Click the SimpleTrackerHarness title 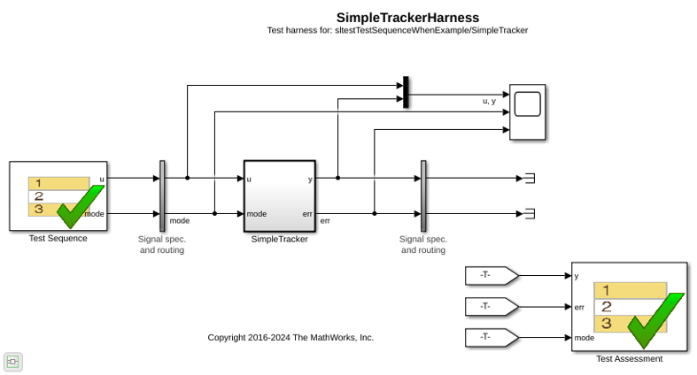(x=407, y=18)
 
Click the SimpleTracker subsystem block (x=280, y=196)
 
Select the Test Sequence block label (x=58, y=238)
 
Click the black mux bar (x=406, y=92)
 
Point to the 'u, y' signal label (x=489, y=101)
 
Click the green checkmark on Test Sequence (x=81, y=206)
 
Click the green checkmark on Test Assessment (x=656, y=320)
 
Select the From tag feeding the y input (x=492, y=276)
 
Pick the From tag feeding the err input (x=492, y=307)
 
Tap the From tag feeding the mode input (x=492, y=337)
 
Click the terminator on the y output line (x=530, y=179)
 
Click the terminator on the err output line (x=530, y=214)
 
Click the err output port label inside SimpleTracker (x=307, y=214)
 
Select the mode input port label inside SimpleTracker (x=257, y=214)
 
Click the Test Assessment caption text (x=630, y=358)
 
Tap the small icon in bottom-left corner (x=13, y=362)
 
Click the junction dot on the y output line (x=337, y=178)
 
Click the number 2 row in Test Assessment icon (x=631, y=307)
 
